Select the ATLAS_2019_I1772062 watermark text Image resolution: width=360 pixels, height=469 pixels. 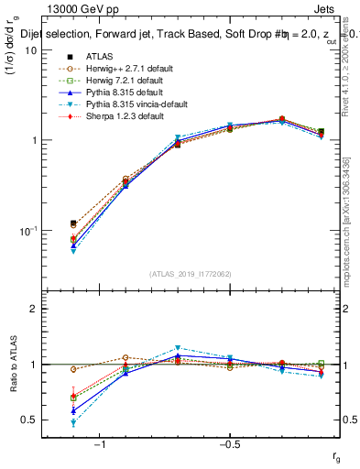[191, 274]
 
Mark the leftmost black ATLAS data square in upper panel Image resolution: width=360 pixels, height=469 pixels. [73, 224]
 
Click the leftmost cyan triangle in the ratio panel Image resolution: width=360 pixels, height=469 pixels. [73, 423]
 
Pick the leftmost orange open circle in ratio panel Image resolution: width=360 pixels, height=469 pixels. [73, 369]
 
